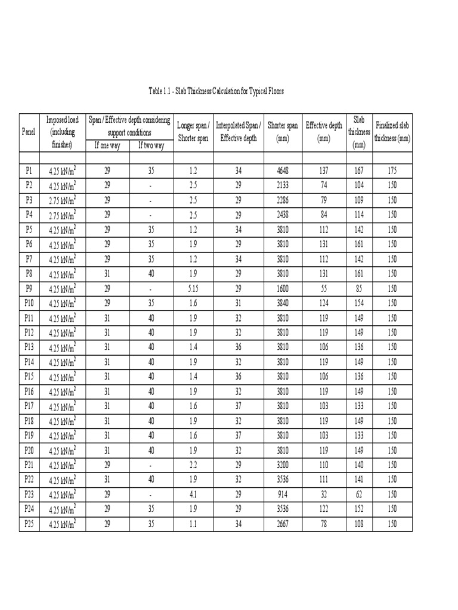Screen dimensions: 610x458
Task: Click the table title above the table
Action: [x=216, y=91]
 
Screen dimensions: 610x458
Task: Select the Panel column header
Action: [x=28, y=131]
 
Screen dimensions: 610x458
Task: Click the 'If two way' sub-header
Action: [x=151, y=145]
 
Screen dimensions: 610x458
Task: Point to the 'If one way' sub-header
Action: [x=107, y=145]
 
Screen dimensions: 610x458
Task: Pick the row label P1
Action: [x=28, y=170]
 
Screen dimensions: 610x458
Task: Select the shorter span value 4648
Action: [x=283, y=170]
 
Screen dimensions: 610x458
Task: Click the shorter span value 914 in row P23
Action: [x=283, y=494]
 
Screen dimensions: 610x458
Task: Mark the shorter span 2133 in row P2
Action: [x=283, y=185]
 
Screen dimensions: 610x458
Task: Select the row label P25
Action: [x=28, y=524]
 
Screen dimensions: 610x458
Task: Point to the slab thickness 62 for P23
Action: [x=359, y=494]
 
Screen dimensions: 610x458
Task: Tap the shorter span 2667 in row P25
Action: [x=283, y=524]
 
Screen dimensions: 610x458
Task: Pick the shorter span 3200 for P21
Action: [x=283, y=465]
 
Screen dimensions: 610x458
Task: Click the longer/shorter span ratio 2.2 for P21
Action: [x=193, y=465]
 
